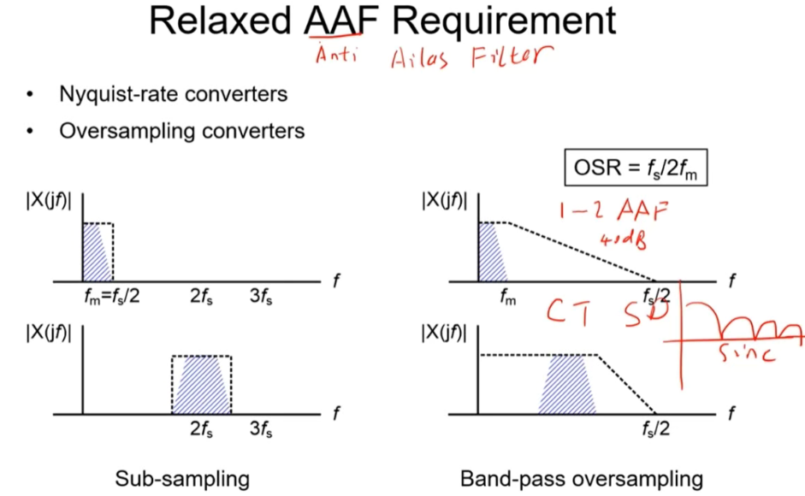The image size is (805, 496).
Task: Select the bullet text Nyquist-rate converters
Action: click(174, 95)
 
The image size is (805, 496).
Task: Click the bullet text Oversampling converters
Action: click(181, 133)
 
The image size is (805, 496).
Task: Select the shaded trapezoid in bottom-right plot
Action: click(568, 385)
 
